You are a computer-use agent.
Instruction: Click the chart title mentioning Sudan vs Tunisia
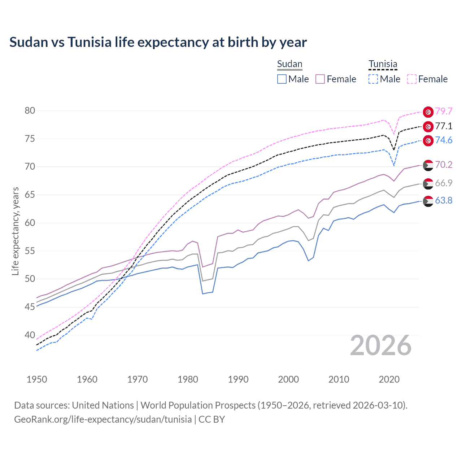[158, 42]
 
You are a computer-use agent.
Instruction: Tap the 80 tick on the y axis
[30, 110]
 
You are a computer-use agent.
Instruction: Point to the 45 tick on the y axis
[30, 307]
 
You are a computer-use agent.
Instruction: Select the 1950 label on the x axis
[37, 379]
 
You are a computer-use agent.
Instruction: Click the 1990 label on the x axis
[238, 379]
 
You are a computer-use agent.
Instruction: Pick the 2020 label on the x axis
[389, 379]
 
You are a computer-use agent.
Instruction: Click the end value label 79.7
[444, 112]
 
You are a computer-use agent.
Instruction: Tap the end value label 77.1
[444, 126]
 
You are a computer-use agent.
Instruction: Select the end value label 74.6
[444, 140]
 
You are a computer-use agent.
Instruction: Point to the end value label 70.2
[444, 165]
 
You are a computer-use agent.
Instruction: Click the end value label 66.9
[444, 183]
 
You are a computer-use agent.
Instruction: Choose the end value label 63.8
[444, 200]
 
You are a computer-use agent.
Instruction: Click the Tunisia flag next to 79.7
[428, 112]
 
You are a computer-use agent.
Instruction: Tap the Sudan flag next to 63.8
[428, 201]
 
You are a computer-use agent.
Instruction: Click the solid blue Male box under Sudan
[282, 79]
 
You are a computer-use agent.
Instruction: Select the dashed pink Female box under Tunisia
[412, 79]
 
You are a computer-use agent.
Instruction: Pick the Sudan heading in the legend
[289, 64]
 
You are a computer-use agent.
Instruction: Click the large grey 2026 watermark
[381, 346]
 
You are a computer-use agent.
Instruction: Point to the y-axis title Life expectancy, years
[15, 231]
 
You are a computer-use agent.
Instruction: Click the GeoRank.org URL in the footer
[103, 419]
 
